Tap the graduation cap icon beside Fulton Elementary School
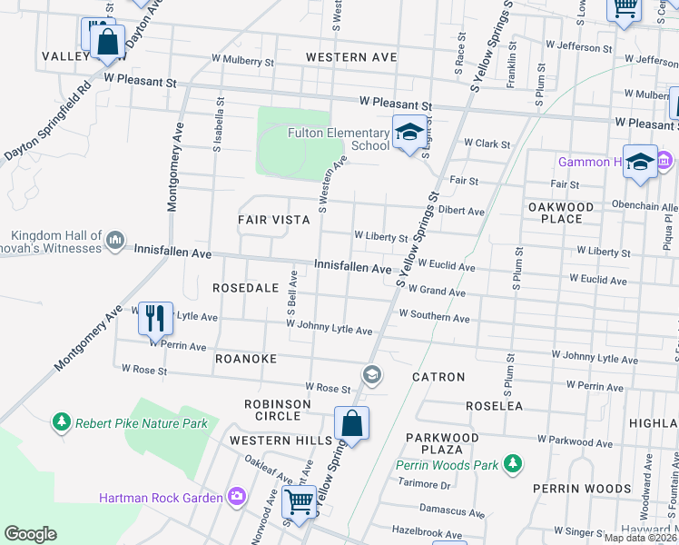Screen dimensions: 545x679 click(408, 134)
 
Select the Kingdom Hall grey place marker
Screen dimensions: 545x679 click(115, 240)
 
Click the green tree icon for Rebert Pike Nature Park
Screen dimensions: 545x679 click(61, 422)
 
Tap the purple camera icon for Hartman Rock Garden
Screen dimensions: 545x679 click(236, 497)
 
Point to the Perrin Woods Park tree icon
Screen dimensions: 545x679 click(513, 465)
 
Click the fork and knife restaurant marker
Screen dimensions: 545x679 click(154, 318)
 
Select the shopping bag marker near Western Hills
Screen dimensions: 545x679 click(351, 423)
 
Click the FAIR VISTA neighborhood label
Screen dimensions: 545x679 click(271, 220)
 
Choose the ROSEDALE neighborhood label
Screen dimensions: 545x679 click(245, 287)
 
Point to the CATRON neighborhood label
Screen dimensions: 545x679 click(438, 376)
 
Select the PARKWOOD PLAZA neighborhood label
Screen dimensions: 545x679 click(441, 442)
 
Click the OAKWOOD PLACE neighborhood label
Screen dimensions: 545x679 click(560, 213)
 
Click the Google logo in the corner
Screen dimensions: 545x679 click(30, 534)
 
